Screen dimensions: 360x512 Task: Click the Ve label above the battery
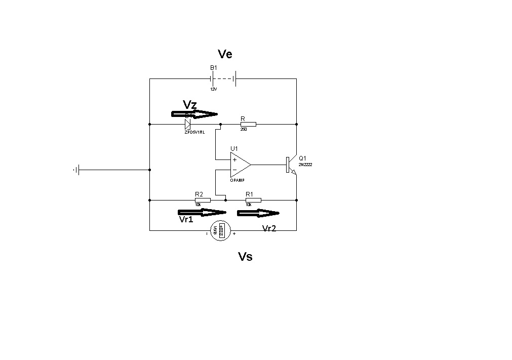[x=225, y=54]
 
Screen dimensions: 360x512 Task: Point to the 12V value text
[x=213, y=89]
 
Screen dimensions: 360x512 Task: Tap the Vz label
[x=190, y=105]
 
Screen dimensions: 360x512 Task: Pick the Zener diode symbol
[x=188, y=124]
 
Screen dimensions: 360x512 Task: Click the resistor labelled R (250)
[x=248, y=124]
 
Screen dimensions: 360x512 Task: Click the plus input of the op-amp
[x=234, y=159]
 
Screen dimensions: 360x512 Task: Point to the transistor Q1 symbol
[x=290, y=165]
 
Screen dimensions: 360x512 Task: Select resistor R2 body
[x=203, y=200]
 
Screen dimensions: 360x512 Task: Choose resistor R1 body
[x=253, y=200]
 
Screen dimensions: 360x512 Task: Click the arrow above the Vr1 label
[x=202, y=212]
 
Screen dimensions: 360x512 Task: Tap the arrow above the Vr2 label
[x=258, y=213]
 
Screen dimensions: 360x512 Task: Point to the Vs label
[x=245, y=257]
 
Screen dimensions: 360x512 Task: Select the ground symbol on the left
[x=77, y=170]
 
